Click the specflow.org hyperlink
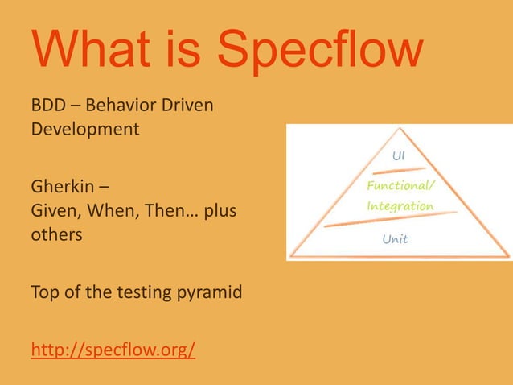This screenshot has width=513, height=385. (x=113, y=350)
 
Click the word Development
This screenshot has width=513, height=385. (x=85, y=129)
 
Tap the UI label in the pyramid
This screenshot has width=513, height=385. (x=397, y=155)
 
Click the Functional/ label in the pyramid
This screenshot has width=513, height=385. (x=400, y=187)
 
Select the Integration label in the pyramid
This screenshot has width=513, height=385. (x=400, y=206)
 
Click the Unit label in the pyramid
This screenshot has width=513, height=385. (x=395, y=239)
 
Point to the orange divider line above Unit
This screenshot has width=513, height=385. (x=394, y=220)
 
